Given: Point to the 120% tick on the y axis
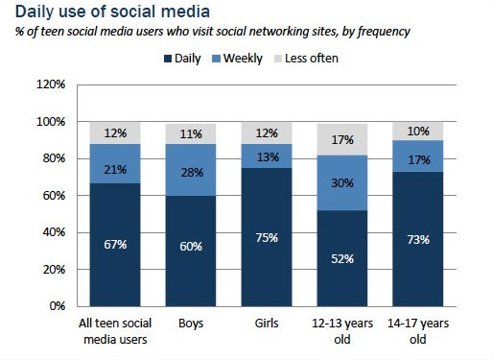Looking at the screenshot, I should coord(50,84).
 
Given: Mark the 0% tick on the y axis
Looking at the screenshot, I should coord(57,306).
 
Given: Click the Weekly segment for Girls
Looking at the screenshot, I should coord(269,156).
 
